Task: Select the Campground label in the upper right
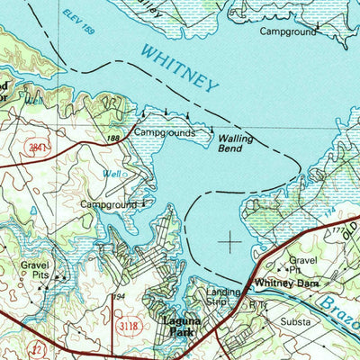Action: point(288,31)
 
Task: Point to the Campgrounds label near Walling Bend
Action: point(165,131)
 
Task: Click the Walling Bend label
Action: point(236,144)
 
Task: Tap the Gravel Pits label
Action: point(37,272)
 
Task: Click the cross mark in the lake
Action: point(230,241)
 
